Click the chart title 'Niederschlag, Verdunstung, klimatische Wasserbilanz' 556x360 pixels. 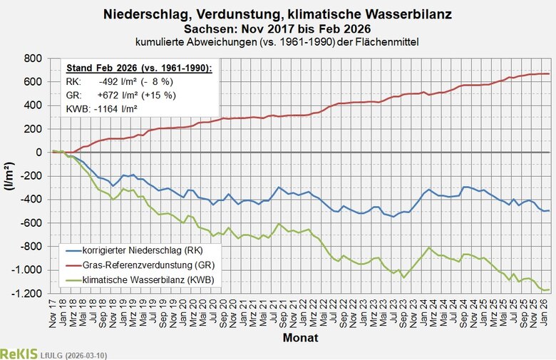click(x=277, y=14)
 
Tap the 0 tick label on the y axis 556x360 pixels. click(x=41, y=153)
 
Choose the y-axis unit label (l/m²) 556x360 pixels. click(x=10, y=175)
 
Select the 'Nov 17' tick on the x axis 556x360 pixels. click(x=53, y=313)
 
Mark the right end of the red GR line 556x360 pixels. click(x=548, y=73)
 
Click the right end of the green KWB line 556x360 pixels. click(x=548, y=289)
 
